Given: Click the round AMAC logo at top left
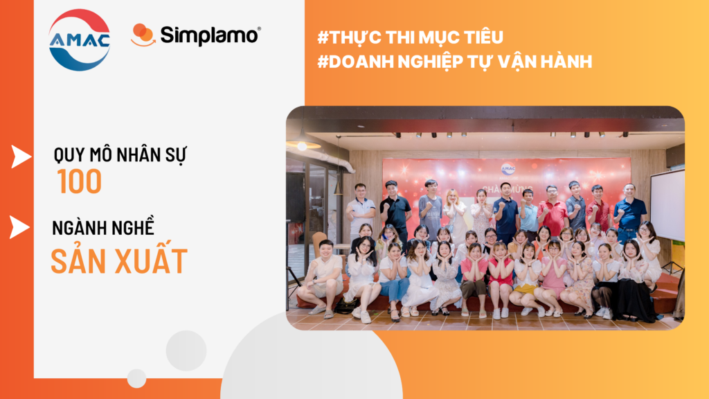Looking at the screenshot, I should pyautogui.click(x=79, y=39).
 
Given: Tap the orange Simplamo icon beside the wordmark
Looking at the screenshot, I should pyautogui.click(x=143, y=35).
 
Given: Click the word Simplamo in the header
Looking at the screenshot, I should pyautogui.click(x=210, y=35).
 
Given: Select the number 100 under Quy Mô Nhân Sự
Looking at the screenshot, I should pyautogui.click(x=80, y=181).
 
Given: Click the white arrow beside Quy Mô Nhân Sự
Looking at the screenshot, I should pyautogui.click(x=21, y=157).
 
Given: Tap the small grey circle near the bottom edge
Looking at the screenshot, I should pyautogui.click(x=136, y=378).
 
